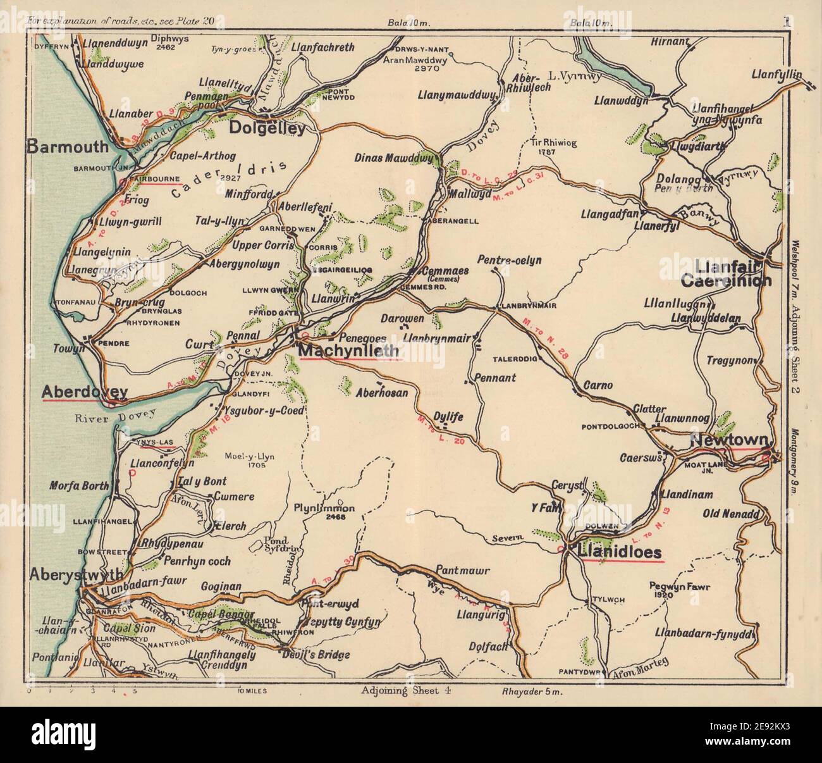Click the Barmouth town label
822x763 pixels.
68,147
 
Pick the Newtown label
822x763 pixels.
728,440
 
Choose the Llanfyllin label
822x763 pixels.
776,75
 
